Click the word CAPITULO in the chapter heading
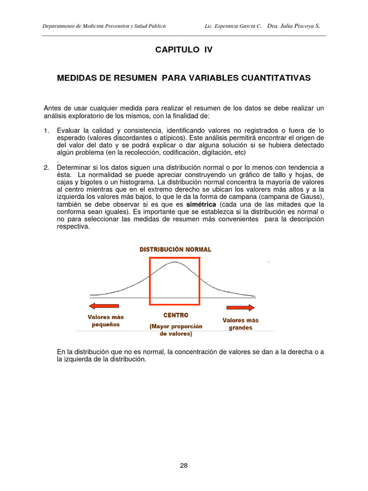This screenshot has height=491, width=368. [175, 49]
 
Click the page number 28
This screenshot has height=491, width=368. [184, 466]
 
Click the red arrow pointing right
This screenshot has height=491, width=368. [241, 307]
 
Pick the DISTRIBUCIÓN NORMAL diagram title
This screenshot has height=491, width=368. [175, 249]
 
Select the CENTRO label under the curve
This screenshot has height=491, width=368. [176, 316]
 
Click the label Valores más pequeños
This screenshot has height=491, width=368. [105, 320]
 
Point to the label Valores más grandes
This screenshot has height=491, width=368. [241, 324]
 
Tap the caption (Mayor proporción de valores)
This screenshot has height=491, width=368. [176, 330]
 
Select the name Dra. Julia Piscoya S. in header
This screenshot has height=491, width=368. [293, 26]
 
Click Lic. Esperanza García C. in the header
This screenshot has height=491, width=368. [232, 26]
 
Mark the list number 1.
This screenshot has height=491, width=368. [46, 130]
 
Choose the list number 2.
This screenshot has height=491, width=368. [46, 167]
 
